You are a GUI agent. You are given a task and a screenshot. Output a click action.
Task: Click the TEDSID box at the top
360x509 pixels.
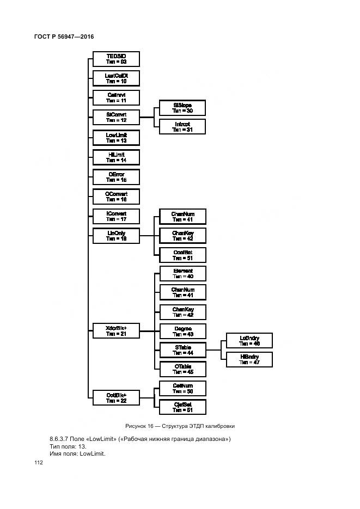coord(116,59)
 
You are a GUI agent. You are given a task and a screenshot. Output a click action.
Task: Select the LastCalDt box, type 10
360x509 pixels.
coord(116,78)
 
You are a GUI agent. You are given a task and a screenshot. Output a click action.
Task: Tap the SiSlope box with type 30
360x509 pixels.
coord(182,107)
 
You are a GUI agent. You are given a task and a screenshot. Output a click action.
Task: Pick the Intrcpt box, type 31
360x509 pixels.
coord(182,127)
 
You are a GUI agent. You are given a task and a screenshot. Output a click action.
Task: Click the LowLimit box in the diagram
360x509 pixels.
coord(116,137)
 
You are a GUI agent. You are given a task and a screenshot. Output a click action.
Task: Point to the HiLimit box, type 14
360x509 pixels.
coord(116,157)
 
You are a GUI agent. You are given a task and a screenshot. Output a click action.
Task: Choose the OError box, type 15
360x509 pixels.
coord(116,177)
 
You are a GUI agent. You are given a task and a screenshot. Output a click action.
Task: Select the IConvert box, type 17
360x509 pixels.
coord(116,216)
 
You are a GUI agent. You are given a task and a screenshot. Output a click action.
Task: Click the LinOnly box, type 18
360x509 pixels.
coord(116,236)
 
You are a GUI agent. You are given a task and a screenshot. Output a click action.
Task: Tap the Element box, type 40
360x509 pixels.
coord(182,273)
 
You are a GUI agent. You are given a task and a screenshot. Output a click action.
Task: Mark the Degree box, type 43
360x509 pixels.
coord(182,331)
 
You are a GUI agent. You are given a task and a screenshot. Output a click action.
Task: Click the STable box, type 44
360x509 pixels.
coord(182,349)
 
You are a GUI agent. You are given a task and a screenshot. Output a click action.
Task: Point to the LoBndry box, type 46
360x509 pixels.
coord(249,341)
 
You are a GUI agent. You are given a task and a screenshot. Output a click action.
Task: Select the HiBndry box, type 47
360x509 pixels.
coord(249,359)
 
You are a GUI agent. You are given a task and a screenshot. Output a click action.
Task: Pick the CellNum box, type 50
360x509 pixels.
coord(182,388)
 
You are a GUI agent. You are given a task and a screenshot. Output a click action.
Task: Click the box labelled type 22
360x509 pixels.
coord(116,397)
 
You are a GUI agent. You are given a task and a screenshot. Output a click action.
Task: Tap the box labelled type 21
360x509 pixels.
coord(116,331)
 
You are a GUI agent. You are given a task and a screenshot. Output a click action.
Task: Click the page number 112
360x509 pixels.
coord(39,463)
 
